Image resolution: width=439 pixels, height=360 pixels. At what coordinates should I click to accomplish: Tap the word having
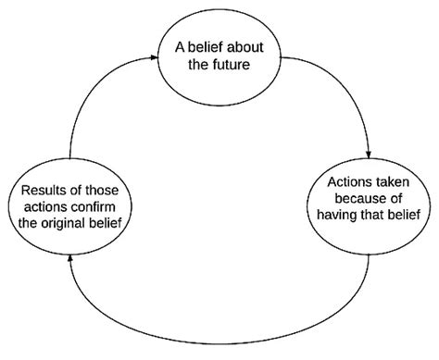340,216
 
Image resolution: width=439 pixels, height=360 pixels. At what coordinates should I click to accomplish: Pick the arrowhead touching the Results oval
71,260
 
